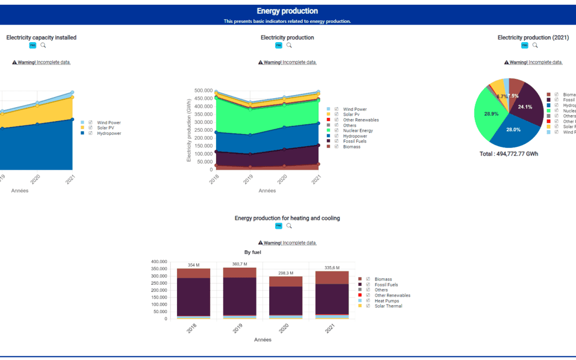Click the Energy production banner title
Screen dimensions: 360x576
tap(287, 11)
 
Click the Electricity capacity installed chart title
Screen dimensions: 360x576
tap(41, 37)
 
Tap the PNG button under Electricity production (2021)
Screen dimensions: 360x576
tap(525, 45)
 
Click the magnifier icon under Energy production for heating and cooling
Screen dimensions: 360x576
tap(289, 226)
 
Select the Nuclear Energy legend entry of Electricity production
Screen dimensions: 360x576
tap(358, 131)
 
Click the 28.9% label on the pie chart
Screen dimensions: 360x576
tap(491, 114)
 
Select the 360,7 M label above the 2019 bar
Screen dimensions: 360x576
tap(239, 265)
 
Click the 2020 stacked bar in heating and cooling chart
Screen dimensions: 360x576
tap(285, 299)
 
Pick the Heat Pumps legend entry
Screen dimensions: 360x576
tap(387, 301)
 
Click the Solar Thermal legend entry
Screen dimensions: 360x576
tap(388, 306)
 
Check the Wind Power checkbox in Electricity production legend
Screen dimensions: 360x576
tap(337, 109)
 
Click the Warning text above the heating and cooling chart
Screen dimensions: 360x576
tap(287, 243)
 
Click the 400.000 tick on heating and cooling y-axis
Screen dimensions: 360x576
tap(159, 262)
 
